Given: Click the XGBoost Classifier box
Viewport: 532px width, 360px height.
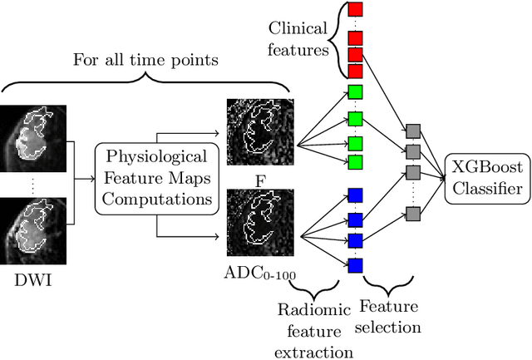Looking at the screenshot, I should [486, 178].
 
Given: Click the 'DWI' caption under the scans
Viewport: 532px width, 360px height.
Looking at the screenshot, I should [34, 280].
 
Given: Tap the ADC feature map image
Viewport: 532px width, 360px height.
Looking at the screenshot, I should [259, 222].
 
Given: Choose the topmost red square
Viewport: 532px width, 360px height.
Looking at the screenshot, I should [356, 10].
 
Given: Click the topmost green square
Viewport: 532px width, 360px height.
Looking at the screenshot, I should [356, 91].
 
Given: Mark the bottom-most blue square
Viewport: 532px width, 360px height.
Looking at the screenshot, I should [356, 266].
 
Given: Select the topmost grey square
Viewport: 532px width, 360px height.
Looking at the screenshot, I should [412, 130].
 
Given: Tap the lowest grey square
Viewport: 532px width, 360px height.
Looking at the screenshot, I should [412, 215].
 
